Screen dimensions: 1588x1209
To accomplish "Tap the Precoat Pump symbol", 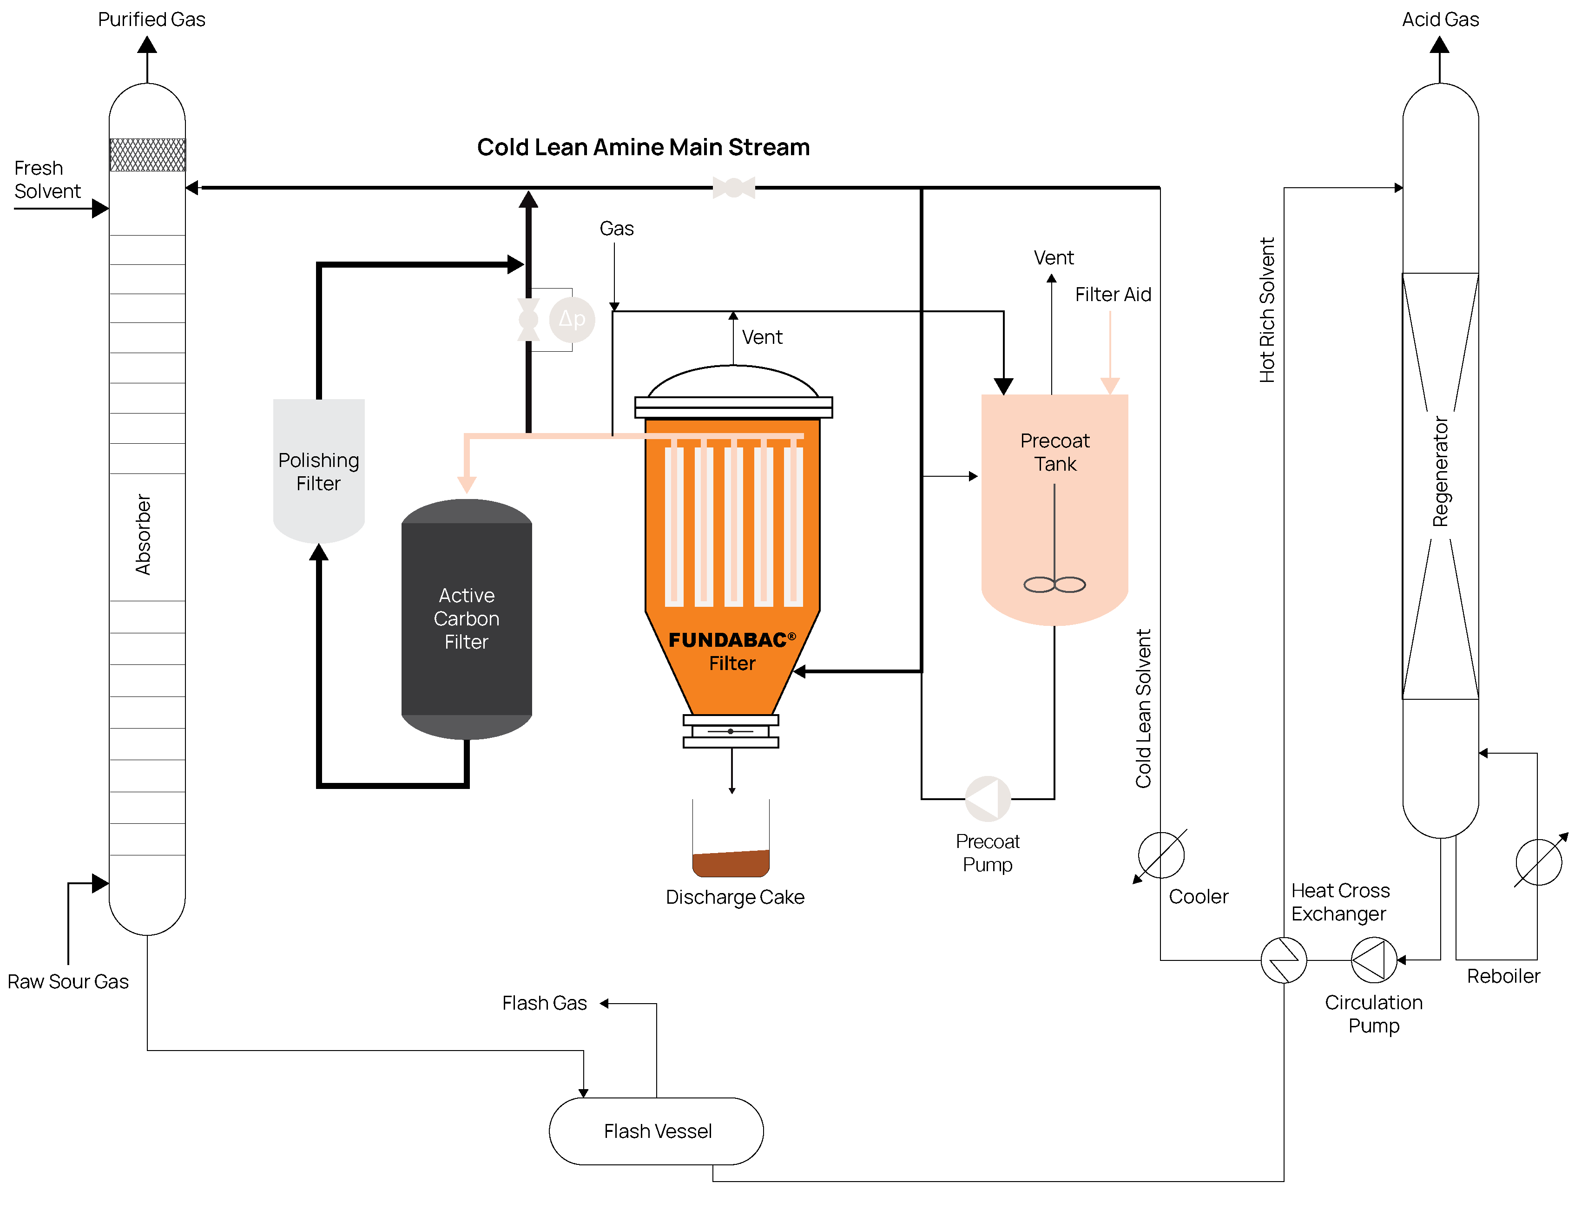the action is point(988,798).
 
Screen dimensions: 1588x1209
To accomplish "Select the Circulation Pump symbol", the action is point(1373,959).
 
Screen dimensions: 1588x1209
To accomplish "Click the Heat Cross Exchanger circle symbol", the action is point(1284,959).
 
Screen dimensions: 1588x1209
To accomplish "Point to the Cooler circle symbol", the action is point(1160,855).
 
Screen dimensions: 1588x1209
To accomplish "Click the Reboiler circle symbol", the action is point(1538,861).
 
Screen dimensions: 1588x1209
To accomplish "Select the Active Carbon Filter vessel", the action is point(467,619).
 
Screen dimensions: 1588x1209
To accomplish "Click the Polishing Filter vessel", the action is point(319,471).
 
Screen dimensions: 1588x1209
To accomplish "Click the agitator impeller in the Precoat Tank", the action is point(1054,585).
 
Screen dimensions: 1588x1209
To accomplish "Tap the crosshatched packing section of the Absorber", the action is point(147,155).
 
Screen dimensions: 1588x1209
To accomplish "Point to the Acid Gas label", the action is point(1440,20).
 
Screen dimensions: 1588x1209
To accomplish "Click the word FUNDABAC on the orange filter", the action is point(727,640).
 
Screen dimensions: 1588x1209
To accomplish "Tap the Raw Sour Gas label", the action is point(68,982).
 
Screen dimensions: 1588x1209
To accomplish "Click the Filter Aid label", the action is point(1113,294).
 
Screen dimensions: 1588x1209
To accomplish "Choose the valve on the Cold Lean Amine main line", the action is point(733,188).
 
